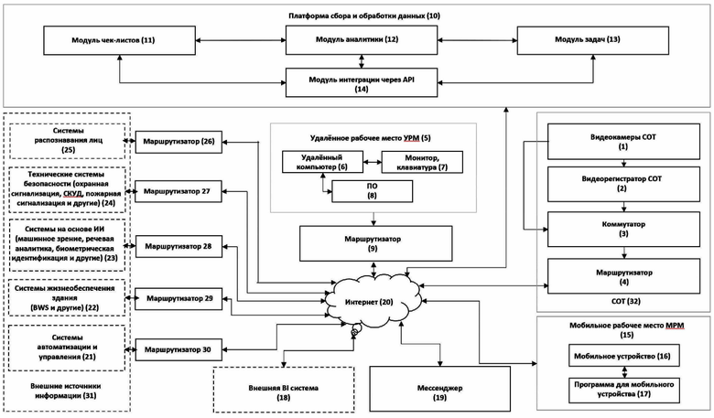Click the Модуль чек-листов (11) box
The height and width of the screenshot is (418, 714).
click(x=119, y=40)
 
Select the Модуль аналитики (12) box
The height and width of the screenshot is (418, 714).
click(x=362, y=40)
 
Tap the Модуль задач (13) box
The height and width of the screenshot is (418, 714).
click(x=593, y=40)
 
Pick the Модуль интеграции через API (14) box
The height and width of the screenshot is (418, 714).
click(x=362, y=83)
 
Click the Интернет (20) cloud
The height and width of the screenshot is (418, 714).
click(x=371, y=302)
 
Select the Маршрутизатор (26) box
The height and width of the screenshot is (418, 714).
click(x=178, y=142)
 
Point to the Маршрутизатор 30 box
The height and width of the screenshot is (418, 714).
click(x=178, y=349)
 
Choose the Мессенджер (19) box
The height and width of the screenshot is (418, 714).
click(x=440, y=390)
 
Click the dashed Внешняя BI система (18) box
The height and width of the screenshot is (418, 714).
click(x=284, y=390)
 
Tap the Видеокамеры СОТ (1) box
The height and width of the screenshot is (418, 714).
click(x=623, y=142)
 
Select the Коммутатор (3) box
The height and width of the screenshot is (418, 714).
click(x=623, y=229)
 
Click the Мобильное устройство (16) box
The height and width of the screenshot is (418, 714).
click(x=624, y=356)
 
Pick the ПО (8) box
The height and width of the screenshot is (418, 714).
click(x=372, y=191)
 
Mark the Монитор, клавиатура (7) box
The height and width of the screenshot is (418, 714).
click(x=422, y=163)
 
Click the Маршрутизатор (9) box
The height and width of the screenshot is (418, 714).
click(x=375, y=244)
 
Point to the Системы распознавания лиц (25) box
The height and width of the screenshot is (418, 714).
click(x=68, y=141)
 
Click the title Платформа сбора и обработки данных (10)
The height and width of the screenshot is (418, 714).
click(x=364, y=16)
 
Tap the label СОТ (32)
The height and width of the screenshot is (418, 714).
click(x=625, y=301)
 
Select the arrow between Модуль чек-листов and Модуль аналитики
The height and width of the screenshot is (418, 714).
click(x=241, y=40)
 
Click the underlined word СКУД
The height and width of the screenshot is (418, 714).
click(x=73, y=193)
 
